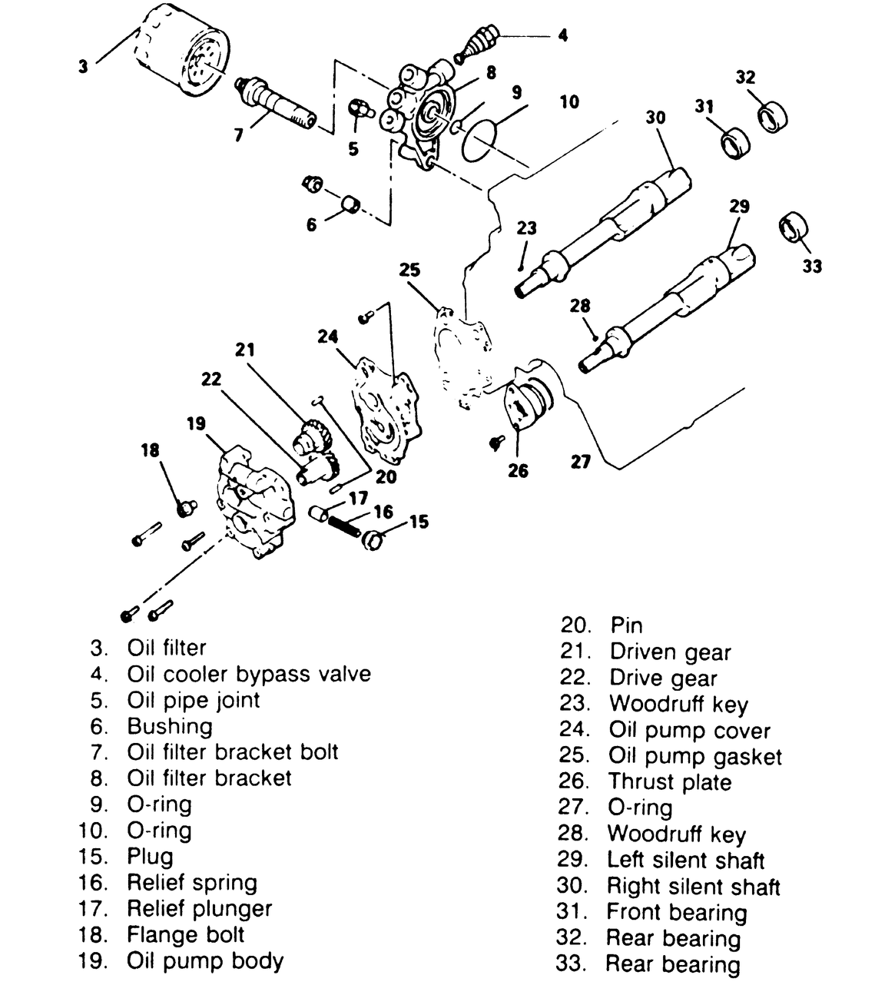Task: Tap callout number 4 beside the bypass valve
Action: coord(563,35)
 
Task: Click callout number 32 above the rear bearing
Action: coord(745,78)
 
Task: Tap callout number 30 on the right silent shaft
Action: coord(655,117)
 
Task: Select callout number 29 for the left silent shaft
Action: coord(739,207)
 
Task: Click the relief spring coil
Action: coord(346,528)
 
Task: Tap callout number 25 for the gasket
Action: coord(410,270)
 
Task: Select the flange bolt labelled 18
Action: coord(185,508)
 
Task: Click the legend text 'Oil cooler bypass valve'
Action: coord(249,674)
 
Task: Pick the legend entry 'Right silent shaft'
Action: coord(693,887)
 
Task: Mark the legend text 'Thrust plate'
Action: coord(669,782)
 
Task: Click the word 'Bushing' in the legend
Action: coord(170,726)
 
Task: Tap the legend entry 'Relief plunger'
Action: coord(200,908)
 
